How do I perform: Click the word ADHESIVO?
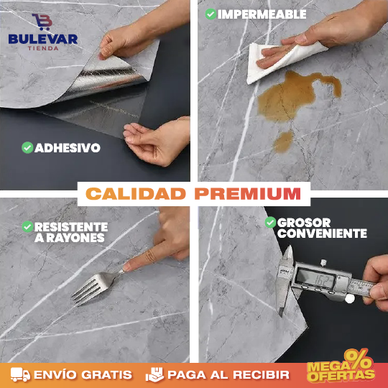pos(68,148)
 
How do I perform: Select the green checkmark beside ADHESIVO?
pos(27,148)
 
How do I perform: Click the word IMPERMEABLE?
pos(262,14)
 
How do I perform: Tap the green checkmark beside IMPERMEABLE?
pos(210,14)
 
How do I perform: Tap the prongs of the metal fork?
pos(86,289)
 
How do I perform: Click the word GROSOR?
pos(304,223)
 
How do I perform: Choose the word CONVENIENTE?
pos(322,234)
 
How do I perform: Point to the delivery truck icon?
pos(21,374)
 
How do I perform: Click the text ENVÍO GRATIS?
pos(83,374)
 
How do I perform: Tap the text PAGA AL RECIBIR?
pos(228,374)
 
